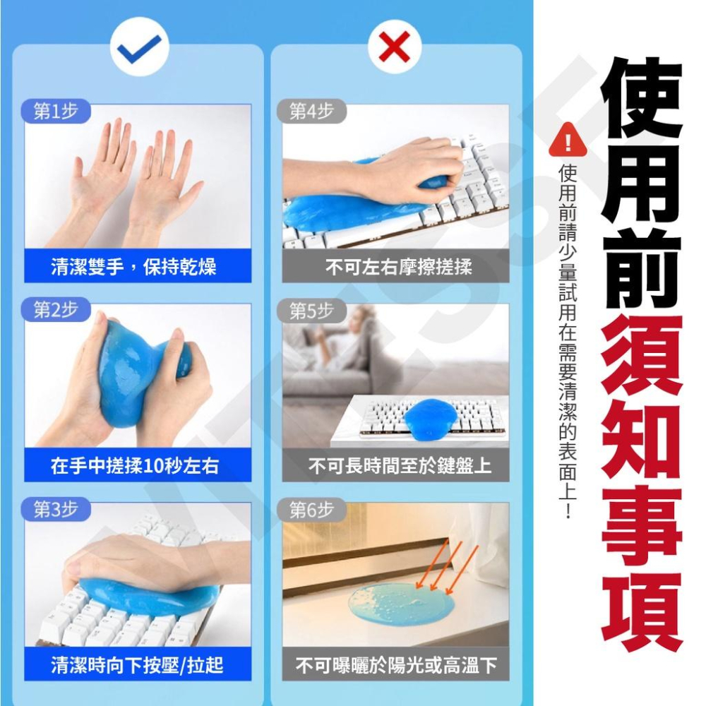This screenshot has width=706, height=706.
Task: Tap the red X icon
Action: click(x=395, y=47)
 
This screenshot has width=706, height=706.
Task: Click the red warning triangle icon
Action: click(x=568, y=140)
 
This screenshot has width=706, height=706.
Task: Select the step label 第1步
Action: click(x=56, y=111)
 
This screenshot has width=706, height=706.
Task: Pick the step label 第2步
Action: click(x=56, y=310)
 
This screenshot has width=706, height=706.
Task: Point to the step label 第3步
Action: click(x=56, y=509)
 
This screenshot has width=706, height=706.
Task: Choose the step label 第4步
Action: click(x=311, y=111)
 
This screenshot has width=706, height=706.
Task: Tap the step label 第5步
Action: click(x=311, y=311)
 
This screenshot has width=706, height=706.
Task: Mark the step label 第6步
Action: click(x=311, y=510)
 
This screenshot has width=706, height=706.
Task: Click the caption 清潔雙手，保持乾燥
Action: click(x=133, y=267)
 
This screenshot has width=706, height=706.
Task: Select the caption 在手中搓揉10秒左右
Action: click(x=135, y=465)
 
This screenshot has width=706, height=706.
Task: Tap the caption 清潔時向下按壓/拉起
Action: click(x=137, y=664)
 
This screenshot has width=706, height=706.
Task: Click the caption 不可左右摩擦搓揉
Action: click(x=398, y=267)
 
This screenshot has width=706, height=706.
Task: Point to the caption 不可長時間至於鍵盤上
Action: click(x=400, y=465)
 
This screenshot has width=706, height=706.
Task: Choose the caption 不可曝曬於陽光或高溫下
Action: click(x=396, y=664)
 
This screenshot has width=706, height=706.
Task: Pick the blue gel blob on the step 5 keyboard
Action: click(x=430, y=419)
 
